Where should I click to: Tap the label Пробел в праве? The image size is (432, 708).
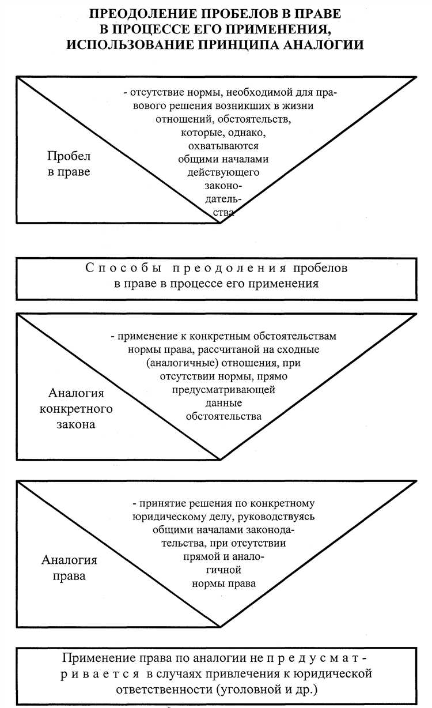tap(69, 164)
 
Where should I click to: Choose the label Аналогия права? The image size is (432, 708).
tap(69, 568)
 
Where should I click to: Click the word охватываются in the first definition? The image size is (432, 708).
tap(222, 146)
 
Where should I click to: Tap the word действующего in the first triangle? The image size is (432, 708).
tap(223, 172)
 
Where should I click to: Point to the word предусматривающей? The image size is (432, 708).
tap(222, 390)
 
